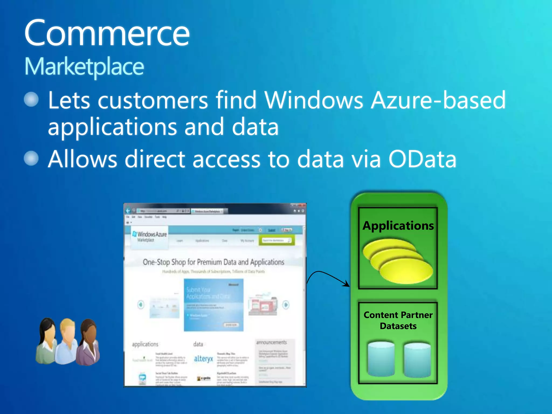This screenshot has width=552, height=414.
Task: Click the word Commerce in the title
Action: [x=107, y=34]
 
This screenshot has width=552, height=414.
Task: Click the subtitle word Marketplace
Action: [x=84, y=67]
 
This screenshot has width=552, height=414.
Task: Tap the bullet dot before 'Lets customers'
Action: [x=31, y=99]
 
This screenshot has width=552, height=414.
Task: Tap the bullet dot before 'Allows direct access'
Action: [x=31, y=158]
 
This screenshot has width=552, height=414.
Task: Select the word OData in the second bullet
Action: [x=422, y=159]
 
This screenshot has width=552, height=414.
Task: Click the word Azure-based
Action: [x=438, y=100]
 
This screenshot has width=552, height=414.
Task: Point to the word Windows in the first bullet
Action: [x=314, y=100]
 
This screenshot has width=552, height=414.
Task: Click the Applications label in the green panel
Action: [x=398, y=226]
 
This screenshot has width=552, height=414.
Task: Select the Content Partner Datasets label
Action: [x=398, y=320]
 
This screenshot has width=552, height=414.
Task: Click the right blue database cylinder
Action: [x=417, y=360]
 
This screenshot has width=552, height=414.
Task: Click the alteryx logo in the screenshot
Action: [x=203, y=359]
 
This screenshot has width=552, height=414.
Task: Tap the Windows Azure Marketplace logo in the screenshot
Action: [x=150, y=236]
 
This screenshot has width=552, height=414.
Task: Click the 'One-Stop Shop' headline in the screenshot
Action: [x=213, y=262]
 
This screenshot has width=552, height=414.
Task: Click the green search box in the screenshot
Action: [x=277, y=240]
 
